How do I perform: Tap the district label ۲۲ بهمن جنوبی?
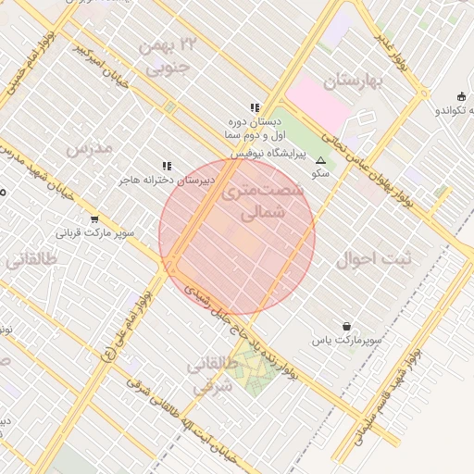[x=168, y=56]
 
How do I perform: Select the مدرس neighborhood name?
[x=89, y=147]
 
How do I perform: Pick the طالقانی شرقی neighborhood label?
[x=214, y=376]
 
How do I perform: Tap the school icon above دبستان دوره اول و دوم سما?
[x=255, y=108]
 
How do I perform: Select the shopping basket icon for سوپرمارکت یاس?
[x=346, y=326]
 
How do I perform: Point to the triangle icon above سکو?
[x=321, y=159]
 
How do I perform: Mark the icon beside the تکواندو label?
[x=461, y=97]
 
